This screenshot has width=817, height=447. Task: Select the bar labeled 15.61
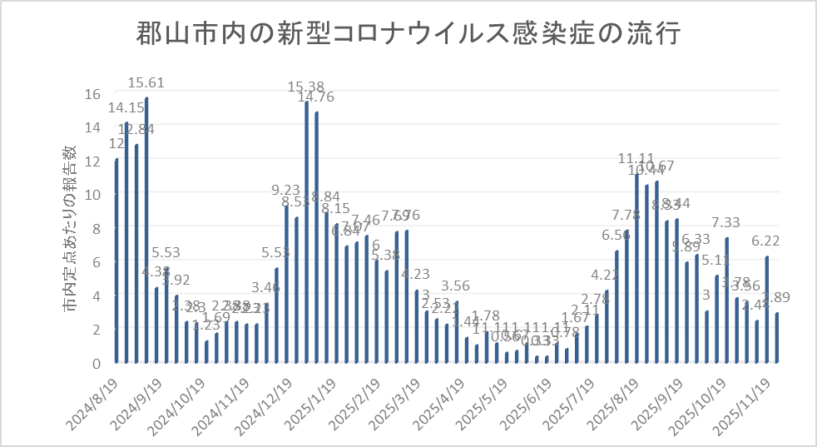point(146,231)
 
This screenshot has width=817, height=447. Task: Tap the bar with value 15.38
point(306,232)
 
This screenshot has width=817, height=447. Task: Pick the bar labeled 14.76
point(316,237)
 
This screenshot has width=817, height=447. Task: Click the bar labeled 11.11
point(636,269)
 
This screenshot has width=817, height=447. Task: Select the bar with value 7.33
point(726,300)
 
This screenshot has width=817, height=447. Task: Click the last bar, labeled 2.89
point(776,338)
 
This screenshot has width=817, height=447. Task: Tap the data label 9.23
point(286,190)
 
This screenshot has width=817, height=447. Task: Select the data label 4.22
point(606,275)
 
